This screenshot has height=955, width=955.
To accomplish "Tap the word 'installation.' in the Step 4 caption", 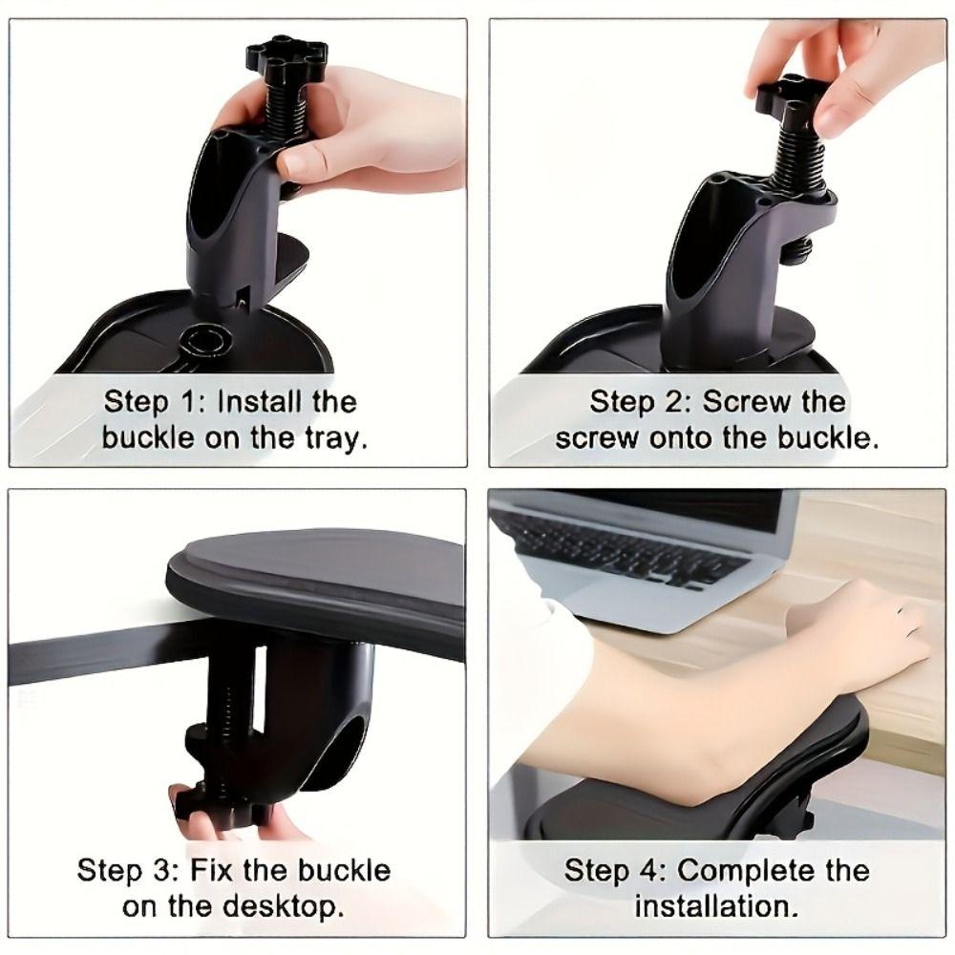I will (x=716, y=906).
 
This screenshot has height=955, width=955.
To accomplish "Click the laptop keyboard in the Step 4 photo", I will (x=621, y=549).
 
